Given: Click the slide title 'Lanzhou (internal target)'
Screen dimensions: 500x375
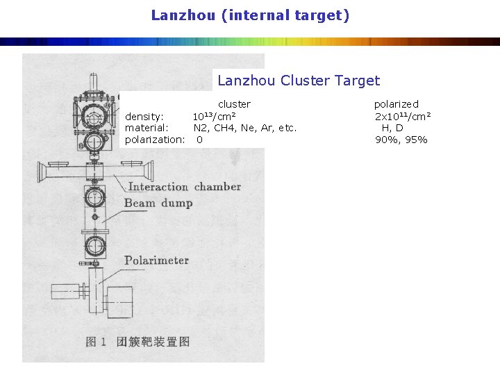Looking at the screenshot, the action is (x=250, y=15).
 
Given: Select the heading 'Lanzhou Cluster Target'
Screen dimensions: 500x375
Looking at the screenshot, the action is (x=299, y=81).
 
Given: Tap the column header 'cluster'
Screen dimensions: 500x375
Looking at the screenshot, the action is (x=234, y=104).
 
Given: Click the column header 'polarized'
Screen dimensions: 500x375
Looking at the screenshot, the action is (x=397, y=104).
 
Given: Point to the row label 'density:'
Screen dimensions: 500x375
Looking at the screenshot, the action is (x=144, y=116).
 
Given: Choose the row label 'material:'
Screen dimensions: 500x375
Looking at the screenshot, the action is (x=147, y=128).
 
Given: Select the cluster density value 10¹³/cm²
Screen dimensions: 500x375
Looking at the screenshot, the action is (x=213, y=116).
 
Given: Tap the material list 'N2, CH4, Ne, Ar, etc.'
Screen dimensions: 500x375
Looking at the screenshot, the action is (x=244, y=128).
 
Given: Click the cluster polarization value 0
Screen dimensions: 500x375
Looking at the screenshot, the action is (x=199, y=140).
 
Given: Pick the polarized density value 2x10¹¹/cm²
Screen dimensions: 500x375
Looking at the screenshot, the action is (x=403, y=116).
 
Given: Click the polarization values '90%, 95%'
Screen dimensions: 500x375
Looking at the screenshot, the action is (x=401, y=140).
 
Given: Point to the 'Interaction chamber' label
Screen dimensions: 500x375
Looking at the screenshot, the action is (x=184, y=186).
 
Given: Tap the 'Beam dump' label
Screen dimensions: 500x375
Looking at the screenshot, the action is (x=158, y=203).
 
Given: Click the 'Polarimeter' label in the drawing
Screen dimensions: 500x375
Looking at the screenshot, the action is (x=156, y=260).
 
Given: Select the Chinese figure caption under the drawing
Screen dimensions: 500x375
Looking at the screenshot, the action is (x=137, y=341).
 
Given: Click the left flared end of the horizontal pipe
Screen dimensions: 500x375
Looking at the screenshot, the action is (x=43, y=171).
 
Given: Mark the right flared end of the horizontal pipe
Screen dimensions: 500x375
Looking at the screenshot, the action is (x=148, y=170).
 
